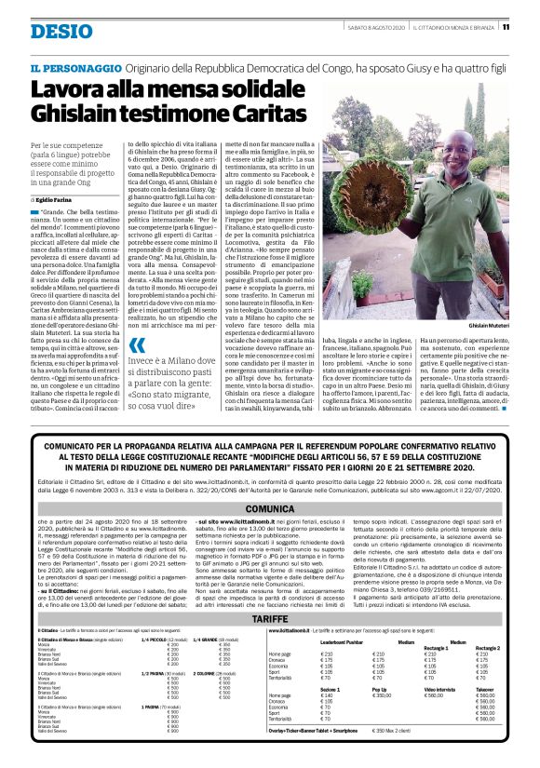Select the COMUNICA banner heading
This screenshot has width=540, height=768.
pos(269,509)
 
